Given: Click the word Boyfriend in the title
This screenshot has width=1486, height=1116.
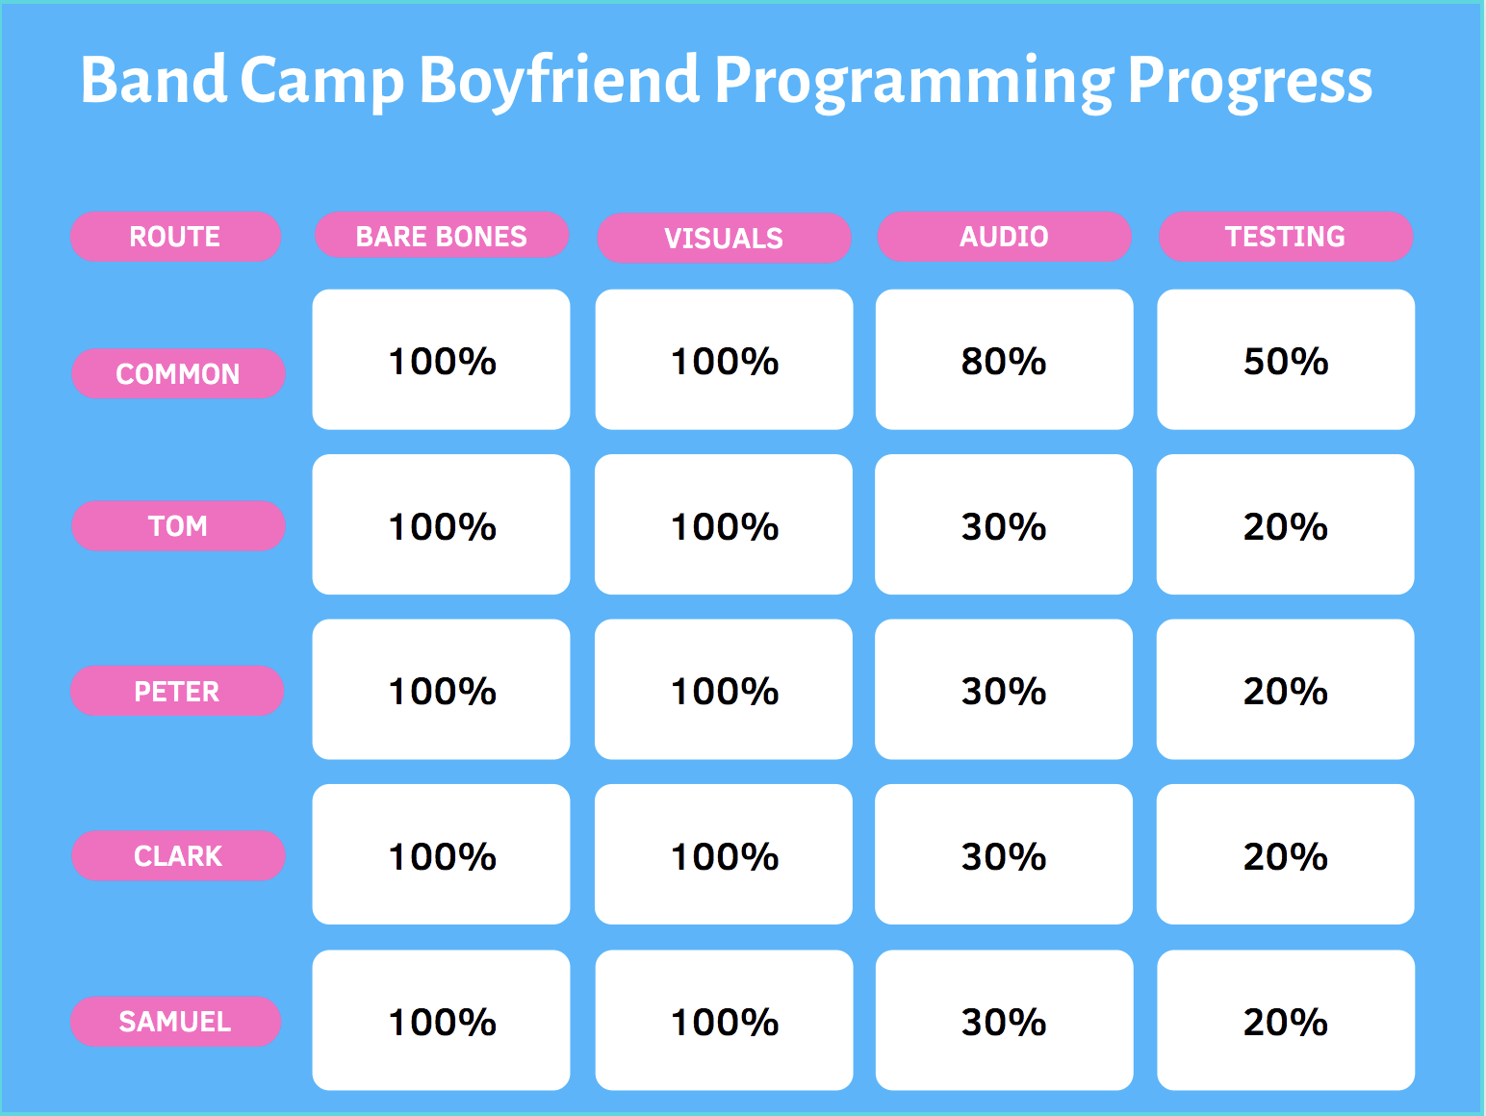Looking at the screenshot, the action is [559, 81].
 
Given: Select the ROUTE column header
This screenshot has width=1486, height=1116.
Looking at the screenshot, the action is [175, 237].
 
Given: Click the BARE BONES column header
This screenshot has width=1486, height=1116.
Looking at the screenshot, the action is [442, 235].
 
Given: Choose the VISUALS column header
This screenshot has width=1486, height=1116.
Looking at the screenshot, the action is [724, 238].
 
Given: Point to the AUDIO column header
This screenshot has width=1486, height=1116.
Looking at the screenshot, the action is [1004, 237].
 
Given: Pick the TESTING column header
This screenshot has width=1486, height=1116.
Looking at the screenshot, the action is [1286, 237].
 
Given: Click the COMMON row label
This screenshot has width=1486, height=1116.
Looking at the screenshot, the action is [178, 373].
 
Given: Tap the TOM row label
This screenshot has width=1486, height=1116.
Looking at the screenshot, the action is [178, 526].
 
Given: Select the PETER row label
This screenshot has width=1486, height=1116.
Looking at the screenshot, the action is [177, 691].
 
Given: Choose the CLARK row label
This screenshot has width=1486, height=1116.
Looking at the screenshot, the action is [178, 855].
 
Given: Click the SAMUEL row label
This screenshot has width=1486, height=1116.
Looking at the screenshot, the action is [175, 1022].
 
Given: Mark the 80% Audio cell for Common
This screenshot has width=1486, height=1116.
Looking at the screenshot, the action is [1004, 360].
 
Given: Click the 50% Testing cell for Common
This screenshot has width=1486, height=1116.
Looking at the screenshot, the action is [1286, 360].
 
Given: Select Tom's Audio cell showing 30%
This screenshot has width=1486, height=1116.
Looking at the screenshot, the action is [1003, 524].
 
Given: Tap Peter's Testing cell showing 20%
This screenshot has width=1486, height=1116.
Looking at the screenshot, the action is [1285, 689].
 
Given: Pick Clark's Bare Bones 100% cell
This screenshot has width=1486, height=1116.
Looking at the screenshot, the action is [441, 854].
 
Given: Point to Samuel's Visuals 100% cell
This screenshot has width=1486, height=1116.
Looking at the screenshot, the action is [724, 1020].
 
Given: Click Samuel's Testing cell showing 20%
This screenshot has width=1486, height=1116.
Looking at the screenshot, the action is [1286, 1020].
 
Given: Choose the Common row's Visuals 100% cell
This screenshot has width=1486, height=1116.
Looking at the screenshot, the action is [724, 360].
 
